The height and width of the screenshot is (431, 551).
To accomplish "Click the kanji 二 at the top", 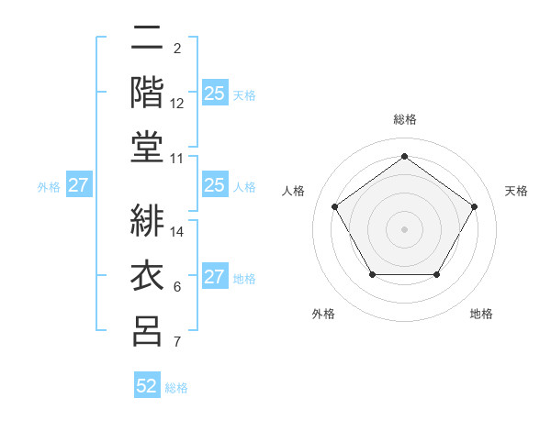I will coord(148,38).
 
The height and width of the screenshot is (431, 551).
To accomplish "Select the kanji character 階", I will coord(148,93).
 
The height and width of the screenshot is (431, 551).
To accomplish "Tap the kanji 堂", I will coord(148,148).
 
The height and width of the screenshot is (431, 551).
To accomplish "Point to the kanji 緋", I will coord(148,221).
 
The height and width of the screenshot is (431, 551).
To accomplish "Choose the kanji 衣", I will coord(148,276).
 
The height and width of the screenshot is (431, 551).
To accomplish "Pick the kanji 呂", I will coord(148,331).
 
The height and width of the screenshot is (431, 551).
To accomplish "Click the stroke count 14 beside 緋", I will coord(177,232).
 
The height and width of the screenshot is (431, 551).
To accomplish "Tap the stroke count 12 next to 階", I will coord(177,104).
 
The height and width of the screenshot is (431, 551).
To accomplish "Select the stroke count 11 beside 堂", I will coord(177,159).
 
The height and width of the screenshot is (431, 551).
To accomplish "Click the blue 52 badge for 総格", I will coord(147,386).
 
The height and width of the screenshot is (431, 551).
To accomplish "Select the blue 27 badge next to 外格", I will coord(78,186).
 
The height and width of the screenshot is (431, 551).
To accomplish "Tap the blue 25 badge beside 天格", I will coord(215,94).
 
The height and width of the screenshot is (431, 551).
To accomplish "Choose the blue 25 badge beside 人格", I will coord(215,185).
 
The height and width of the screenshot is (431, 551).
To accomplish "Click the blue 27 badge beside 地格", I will coord(215,277).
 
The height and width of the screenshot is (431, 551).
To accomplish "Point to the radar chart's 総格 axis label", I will coord(404,119).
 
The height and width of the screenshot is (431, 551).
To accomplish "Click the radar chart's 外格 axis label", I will coord(323,314).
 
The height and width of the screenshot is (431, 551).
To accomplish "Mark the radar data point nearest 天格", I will coord(475,206).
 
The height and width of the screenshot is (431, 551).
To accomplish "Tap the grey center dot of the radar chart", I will coord(404,228).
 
